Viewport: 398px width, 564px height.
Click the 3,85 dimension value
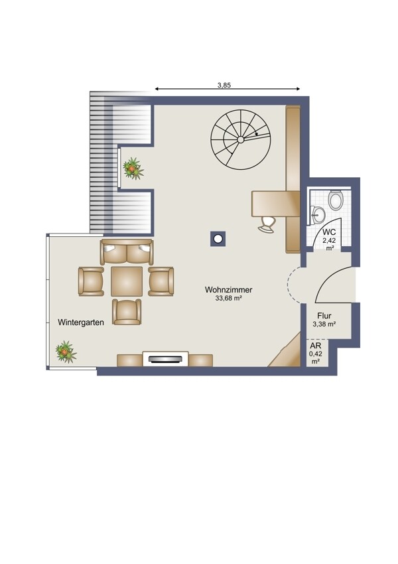click(x=224, y=85)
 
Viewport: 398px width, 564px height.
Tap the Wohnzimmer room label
click(x=229, y=289)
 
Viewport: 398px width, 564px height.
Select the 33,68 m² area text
click(x=228, y=298)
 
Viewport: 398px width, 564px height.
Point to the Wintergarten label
click(x=81, y=322)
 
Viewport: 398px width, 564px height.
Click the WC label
click(x=329, y=232)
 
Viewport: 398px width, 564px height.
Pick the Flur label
click(x=324, y=316)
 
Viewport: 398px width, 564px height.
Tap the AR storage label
click(x=315, y=346)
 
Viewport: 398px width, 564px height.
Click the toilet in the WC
click(x=336, y=200)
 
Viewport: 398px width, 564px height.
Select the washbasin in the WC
click(x=318, y=215)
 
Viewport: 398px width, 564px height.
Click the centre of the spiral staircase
click(x=241, y=139)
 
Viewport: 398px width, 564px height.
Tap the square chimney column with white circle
click(x=218, y=238)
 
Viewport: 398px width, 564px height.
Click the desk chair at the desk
click(x=267, y=225)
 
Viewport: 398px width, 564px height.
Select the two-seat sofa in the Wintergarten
click(x=127, y=251)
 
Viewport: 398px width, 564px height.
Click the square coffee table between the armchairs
click(x=127, y=281)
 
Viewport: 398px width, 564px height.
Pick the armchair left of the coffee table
click(x=91, y=281)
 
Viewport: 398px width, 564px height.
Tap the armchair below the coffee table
click(x=127, y=312)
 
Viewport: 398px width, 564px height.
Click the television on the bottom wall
click(x=165, y=358)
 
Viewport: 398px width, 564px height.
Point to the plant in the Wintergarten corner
click(x=66, y=352)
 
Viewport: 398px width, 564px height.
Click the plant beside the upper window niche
click(x=133, y=168)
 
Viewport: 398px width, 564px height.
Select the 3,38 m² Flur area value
click(x=324, y=324)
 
